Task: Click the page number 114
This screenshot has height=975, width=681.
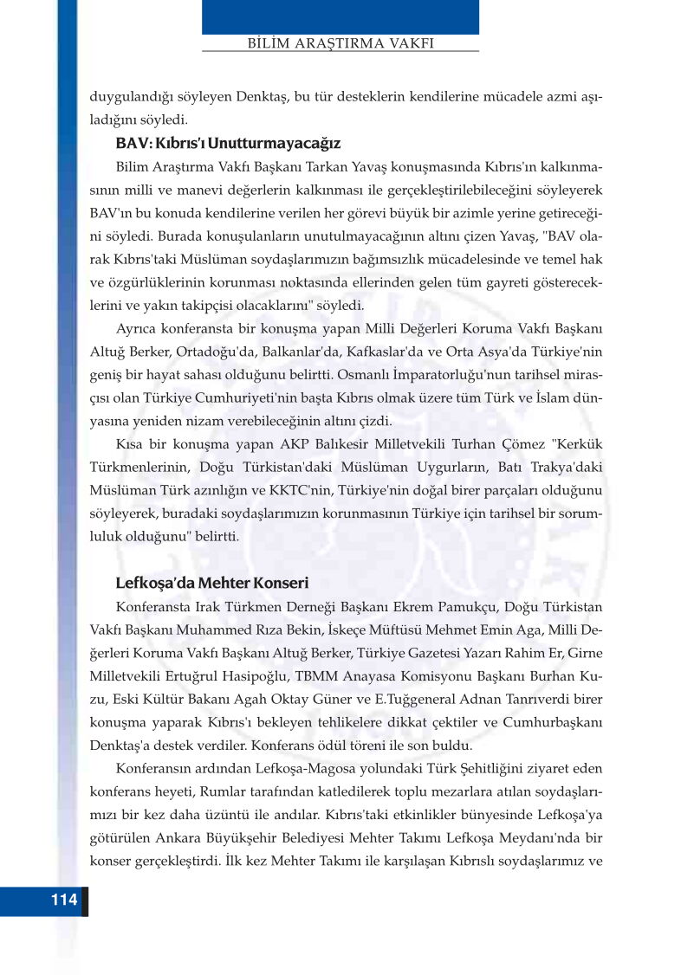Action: tap(64, 900)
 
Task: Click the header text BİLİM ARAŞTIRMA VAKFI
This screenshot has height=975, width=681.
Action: tap(340, 42)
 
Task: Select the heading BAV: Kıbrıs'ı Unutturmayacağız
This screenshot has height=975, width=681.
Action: tap(228, 142)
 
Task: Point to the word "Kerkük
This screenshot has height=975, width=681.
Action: tap(571, 444)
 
